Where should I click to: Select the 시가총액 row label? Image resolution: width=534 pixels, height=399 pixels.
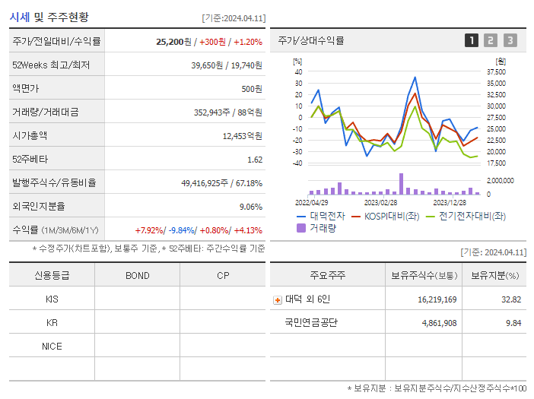30,136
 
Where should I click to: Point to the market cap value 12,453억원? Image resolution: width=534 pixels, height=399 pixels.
243,136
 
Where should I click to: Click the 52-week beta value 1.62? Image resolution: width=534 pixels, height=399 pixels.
255,160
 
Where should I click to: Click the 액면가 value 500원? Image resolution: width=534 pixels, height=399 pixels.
252,89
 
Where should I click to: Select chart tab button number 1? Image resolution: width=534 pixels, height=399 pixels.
472,40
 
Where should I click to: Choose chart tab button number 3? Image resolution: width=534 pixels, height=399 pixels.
510,40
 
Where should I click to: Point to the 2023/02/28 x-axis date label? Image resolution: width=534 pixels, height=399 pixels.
380,203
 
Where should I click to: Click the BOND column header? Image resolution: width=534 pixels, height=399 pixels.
137,275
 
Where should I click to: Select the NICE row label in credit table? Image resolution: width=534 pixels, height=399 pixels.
52,346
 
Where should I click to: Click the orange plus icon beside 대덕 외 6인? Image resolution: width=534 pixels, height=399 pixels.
278,299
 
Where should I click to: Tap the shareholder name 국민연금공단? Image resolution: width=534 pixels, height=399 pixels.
310,322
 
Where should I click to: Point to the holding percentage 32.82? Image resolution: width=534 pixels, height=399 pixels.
511,299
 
